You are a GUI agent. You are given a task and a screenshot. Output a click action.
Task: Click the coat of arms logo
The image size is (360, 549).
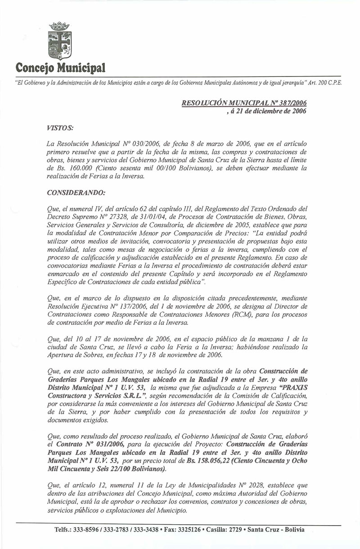click(59, 40)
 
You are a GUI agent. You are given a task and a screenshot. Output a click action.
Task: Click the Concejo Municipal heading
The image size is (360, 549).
click(60, 68)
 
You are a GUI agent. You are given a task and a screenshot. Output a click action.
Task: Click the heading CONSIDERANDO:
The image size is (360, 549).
click(76, 193)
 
